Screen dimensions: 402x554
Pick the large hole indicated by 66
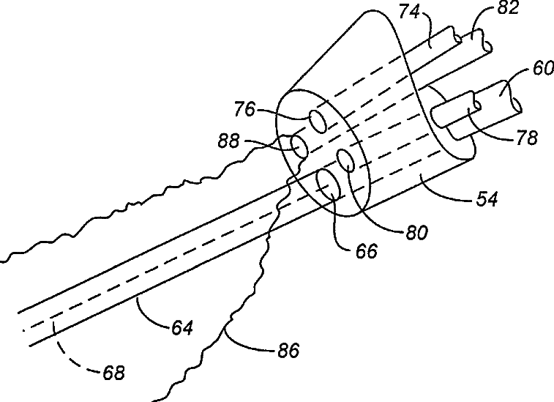[326, 184]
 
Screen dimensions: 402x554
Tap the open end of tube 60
[517, 106]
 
